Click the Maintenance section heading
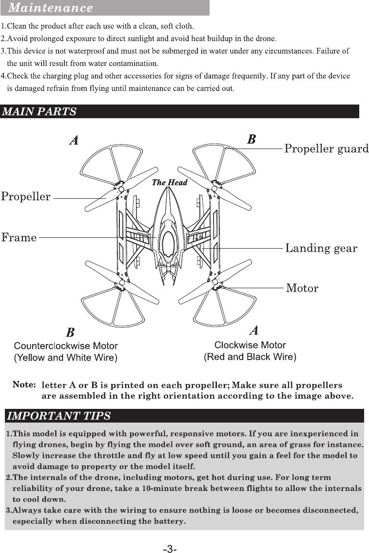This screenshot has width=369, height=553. click(x=51, y=8)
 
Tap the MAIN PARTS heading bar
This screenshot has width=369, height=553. click(x=39, y=111)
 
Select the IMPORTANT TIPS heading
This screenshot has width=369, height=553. click(x=58, y=416)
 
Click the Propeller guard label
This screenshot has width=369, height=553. click(x=326, y=149)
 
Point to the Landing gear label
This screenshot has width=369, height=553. click(x=321, y=248)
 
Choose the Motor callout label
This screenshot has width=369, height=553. click(x=302, y=288)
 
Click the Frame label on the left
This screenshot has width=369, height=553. click(x=19, y=238)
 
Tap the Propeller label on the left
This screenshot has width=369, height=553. click(x=25, y=197)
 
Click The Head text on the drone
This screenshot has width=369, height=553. click(x=170, y=183)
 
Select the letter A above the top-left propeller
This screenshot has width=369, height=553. click(x=74, y=140)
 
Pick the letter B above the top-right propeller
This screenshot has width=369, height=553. click(x=251, y=139)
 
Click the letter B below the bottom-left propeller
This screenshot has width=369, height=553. click(x=70, y=333)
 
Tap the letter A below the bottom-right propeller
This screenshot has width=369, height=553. click(x=253, y=330)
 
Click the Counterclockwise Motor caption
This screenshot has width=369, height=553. click(x=65, y=346)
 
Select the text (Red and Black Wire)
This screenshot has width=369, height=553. click(x=250, y=357)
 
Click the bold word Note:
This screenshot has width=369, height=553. click(x=24, y=384)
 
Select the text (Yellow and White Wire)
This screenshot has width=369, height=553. click(x=65, y=358)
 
